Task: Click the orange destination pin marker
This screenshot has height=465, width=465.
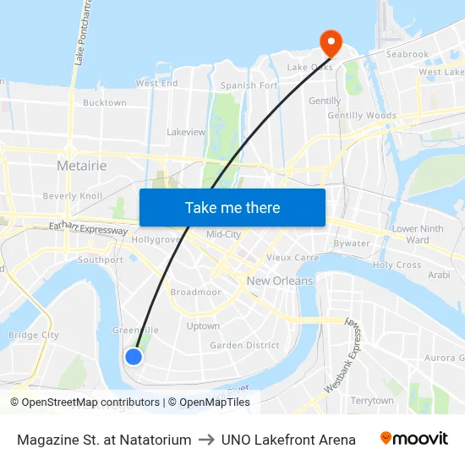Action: pos(329,41)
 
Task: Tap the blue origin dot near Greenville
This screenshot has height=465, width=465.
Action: pos(134,356)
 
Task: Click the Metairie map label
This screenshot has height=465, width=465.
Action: pos(81,166)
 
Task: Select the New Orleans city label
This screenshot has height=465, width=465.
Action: pos(280,281)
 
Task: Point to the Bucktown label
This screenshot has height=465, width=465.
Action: pos(105,103)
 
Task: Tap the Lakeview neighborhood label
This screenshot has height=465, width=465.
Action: pos(186,133)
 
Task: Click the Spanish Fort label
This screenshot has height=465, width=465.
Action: pos(249,85)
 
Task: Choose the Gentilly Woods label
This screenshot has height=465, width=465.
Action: pos(362,116)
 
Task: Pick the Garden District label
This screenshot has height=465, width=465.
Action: pos(244,345)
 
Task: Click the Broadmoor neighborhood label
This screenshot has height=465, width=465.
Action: pos(195,292)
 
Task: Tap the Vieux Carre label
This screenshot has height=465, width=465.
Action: pos(293,257)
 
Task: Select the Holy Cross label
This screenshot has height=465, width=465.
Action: pos(397,265)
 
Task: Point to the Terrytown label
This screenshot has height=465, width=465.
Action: pos(372,401)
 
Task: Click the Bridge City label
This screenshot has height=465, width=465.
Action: pos(34,335)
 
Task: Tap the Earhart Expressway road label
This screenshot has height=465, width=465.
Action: pos(88,227)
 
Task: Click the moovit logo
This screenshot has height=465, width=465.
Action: pos(414,439)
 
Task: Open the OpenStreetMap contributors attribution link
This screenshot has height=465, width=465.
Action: pos(90,402)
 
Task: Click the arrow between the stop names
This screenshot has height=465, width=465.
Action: pos(206,440)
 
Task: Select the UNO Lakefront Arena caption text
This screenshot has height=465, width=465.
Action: pos(288,440)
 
